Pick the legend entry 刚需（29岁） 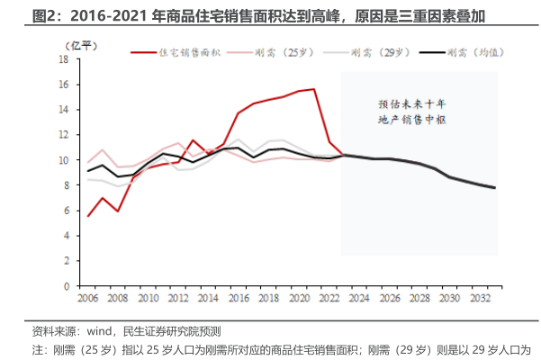point(370,53)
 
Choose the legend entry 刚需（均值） point(464,53)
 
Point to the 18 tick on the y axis point(64,59)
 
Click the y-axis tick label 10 point(64,160)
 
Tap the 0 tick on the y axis point(67,286)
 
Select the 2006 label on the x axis point(87,298)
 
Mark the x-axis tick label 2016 point(239,298)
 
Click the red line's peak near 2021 point(314,89)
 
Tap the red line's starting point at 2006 point(87,216)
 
